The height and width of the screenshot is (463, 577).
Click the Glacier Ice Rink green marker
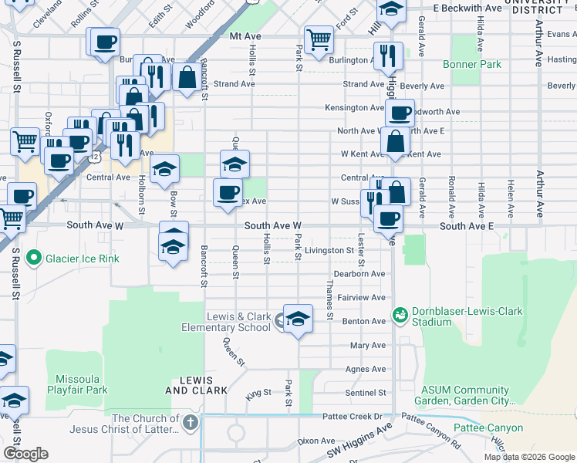click(33, 258)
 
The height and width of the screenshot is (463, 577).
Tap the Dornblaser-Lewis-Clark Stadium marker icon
click(400, 315)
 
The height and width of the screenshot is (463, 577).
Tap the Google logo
click(25, 454)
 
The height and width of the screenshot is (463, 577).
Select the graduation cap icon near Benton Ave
click(298, 318)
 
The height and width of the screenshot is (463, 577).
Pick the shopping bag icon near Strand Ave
click(187, 77)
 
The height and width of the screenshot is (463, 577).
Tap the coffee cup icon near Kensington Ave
click(400, 113)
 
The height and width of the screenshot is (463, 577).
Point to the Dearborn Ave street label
click(359, 274)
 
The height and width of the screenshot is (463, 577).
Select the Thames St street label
click(329, 302)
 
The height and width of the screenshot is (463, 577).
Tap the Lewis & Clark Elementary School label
click(238, 322)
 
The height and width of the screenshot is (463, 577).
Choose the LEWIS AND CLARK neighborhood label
click(197, 385)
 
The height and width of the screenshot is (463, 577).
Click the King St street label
click(259, 393)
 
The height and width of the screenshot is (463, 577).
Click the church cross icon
click(191, 422)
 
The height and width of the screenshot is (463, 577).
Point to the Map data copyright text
click(528, 457)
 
